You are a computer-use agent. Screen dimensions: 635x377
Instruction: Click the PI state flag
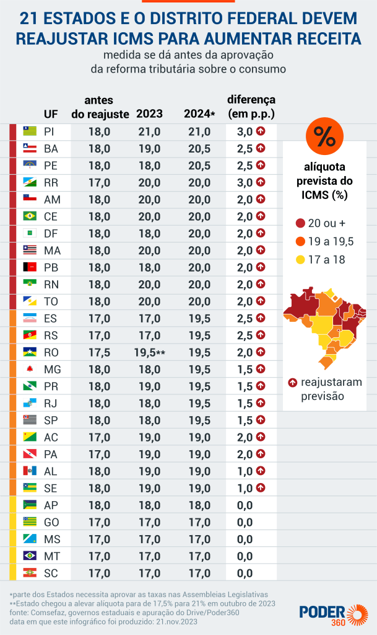(29, 131)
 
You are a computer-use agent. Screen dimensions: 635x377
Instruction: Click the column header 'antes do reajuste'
(100, 107)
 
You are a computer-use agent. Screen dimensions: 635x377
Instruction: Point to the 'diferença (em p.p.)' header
(251, 106)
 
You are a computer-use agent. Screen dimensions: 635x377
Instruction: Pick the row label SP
(51, 420)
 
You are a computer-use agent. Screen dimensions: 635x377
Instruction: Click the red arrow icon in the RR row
(261, 182)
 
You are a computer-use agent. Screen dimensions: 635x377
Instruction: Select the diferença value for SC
(245, 572)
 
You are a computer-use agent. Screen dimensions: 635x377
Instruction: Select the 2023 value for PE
(149, 166)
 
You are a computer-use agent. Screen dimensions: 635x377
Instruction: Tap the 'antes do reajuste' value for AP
(99, 505)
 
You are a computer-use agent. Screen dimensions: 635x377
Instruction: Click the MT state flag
(29, 555)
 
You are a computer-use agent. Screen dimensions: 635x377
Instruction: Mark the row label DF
(51, 233)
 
